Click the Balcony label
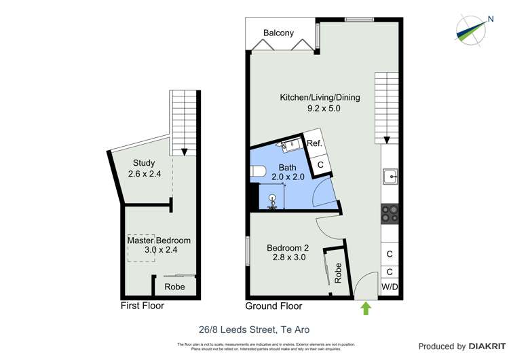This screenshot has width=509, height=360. (278, 33)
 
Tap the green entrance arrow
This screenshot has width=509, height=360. (366, 309)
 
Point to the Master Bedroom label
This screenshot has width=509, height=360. (159, 240)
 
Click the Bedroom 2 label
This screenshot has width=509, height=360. (286, 247)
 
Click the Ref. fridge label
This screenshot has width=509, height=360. (314, 143)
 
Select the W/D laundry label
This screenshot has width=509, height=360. (390, 287)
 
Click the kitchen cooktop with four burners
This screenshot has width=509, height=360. (390, 214)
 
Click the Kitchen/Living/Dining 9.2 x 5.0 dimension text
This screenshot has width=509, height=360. (320, 107)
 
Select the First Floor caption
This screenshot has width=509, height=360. (143, 306)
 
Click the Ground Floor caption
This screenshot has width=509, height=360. (271, 306)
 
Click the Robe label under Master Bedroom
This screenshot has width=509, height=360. (175, 287)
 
